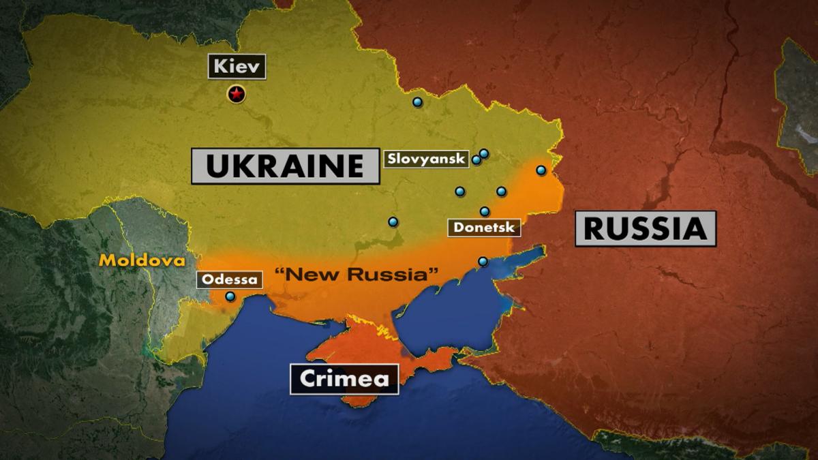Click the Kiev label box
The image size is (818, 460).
[x=237, y=67]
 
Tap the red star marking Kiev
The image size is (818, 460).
[x=236, y=94]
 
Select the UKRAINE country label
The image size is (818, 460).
[x=285, y=166]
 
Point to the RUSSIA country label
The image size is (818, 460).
[x=645, y=228]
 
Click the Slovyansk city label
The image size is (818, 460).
[x=427, y=159]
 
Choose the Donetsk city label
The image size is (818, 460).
[x=484, y=227]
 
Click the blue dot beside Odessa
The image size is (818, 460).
[x=230, y=296]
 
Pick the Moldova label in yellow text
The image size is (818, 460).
[x=142, y=260]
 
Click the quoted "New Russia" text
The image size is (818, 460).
[x=355, y=275]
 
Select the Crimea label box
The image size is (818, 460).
[x=344, y=379]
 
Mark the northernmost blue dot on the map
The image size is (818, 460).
[x=417, y=102]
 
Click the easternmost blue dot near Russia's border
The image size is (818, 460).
[x=541, y=170]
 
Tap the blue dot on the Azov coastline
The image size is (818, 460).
[x=483, y=261]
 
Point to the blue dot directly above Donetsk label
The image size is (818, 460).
[x=485, y=211]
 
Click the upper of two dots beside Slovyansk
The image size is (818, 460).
[x=484, y=153]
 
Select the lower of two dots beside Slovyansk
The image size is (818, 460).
[x=476, y=160]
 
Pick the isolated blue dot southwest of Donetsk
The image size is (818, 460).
[x=393, y=221]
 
